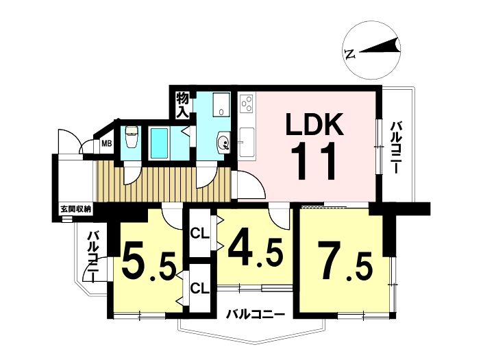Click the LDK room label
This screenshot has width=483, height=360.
point(314,124)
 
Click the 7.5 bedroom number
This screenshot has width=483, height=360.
point(345,261)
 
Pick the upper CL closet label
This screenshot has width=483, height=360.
point(199,234)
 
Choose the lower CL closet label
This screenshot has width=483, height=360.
point(199,289)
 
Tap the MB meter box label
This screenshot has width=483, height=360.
point(107,143)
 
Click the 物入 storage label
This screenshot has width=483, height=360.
point(182,105)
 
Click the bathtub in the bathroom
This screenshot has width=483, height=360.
point(159,143)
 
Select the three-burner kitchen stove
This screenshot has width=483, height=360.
point(247,104)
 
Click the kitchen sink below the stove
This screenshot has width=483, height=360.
point(247,141)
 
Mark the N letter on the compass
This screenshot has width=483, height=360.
point(350,54)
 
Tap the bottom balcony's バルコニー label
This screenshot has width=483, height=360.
point(256,315)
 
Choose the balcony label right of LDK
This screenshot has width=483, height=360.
point(395,148)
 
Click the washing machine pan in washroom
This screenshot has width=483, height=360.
point(221,104)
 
